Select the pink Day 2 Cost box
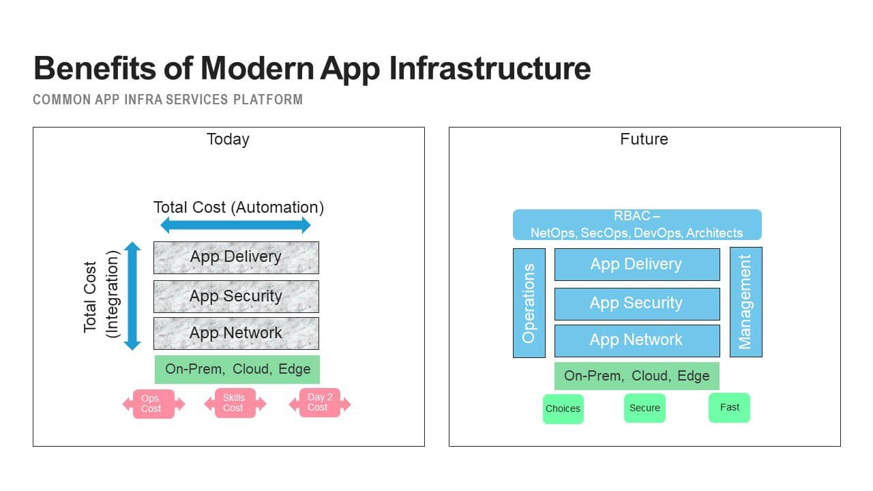[319, 402]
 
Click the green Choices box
[563, 408]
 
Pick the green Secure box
[645, 408]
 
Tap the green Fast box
[729, 407]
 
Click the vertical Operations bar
[529, 302]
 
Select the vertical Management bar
[745, 302]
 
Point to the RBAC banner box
[637, 224]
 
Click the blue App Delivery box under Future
[637, 264]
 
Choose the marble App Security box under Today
[236, 296]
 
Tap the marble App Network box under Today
[236, 333]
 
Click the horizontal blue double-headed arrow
[235, 225]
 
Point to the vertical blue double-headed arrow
[133, 295]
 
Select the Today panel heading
[228, 139]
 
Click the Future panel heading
[644, 139]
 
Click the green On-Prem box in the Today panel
[237, 369]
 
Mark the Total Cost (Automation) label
[239, 207]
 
